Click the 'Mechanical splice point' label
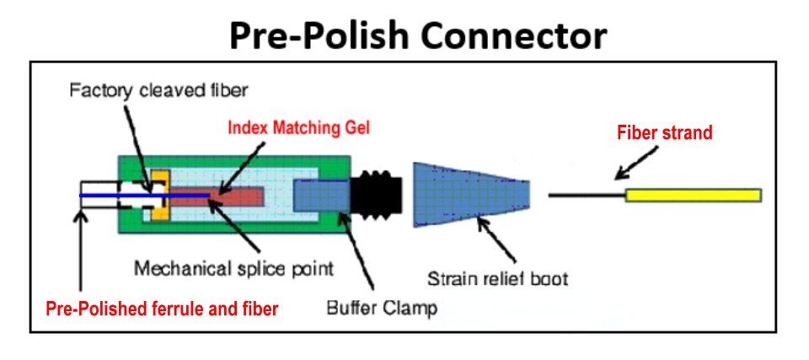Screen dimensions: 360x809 click(235, 269)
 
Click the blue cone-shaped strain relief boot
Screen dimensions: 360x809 click(467, 196)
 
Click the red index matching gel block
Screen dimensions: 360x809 click(236, 196)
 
